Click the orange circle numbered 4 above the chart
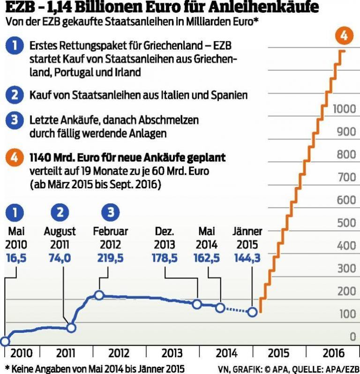(x=344, y=36)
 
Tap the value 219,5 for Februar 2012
(x=111, y=257)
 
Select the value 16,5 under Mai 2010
(x=16, y=257)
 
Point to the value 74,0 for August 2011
(x=60, y=257)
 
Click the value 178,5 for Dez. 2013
(x=164, y=257)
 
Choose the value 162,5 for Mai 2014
(x=207, y=257)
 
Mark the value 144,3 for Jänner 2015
(x=247, y=257)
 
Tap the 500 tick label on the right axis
(x=346, y=223)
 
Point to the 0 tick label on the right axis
(x=352, y=337)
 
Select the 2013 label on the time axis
(x=172, y=353)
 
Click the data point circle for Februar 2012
(x=99, y=295)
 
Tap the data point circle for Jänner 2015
(x=253, y=312)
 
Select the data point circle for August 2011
(x=71, y=328)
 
